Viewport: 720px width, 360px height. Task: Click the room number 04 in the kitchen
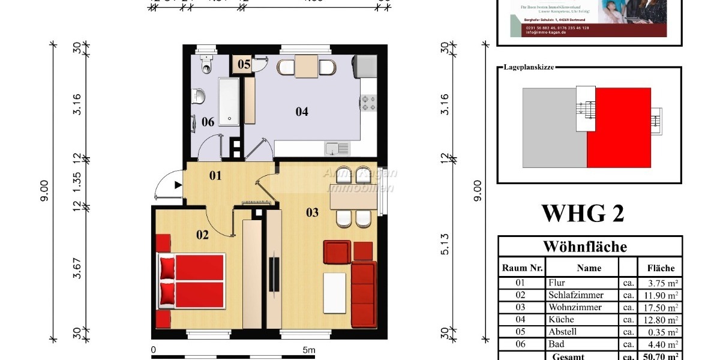(302, 111)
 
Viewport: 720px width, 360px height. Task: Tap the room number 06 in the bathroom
(208, 122)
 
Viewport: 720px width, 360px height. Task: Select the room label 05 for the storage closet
(244, 64)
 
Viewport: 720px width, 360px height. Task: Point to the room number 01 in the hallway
(215, 176)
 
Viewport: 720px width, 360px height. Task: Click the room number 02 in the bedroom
(202, 235)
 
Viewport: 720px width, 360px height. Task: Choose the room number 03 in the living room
(313, 212)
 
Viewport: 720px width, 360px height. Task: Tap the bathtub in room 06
(228, 101)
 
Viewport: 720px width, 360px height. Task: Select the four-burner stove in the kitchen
(367, 103)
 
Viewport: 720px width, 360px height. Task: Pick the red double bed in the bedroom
(191, 281)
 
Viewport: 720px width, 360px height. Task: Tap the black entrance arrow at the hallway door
(178, 185)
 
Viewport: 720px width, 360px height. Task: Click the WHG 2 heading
(583, 213)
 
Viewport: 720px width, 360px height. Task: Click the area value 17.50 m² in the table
(660, 307)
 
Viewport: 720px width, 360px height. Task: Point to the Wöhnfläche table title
(585, 247)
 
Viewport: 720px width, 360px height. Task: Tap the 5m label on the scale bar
(308, 350)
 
